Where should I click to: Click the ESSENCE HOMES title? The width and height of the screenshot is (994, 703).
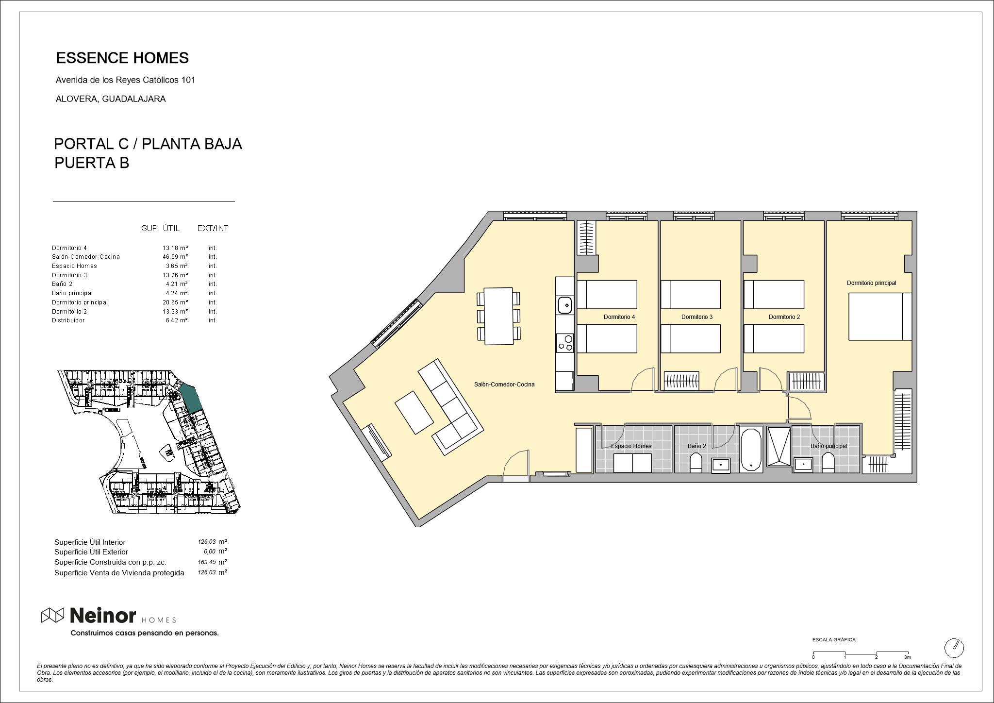click(122, 58)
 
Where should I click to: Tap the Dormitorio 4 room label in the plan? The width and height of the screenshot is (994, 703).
click(619, 317)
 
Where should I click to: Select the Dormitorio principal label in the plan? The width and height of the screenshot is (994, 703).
click(871, 283)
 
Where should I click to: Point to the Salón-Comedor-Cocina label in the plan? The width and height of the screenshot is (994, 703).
click(504, 385)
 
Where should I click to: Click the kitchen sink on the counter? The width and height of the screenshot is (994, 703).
click(564, 305)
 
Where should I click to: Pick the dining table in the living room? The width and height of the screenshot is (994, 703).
click(498, 316)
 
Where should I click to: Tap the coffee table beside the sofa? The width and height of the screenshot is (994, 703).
click(414, 413)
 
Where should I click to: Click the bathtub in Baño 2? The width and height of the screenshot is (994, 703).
click(751, 449)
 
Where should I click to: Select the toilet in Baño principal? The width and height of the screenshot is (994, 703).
click(828, 463)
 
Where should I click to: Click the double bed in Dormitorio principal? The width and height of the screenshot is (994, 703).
click(880, 317)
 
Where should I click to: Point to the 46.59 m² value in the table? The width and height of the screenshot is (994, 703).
click(175, 257)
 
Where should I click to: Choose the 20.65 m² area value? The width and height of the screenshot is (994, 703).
click(175, 302)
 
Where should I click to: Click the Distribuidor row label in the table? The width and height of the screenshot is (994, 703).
click(68, 320)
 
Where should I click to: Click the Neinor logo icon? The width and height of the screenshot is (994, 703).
click(52, 615)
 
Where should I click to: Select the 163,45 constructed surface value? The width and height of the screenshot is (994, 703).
click(206, 562)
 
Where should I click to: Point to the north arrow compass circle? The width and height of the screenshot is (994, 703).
click(954, 648)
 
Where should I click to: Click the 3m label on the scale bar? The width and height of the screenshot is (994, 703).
click(907, 657)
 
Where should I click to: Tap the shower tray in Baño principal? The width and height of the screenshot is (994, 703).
click(779, 447)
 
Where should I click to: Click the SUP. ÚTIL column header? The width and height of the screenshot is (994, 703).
click(161, 228)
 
